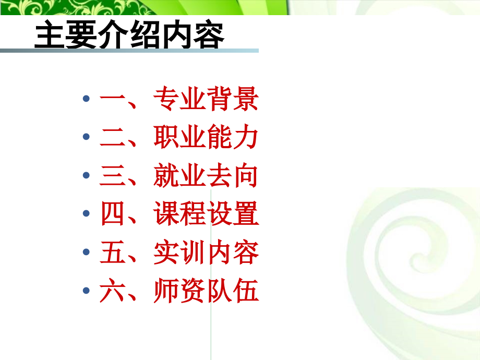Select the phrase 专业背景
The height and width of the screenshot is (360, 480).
pos(206,100)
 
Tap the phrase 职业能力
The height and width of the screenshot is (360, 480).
pos(206,138)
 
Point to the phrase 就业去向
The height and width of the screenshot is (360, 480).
pos(206,177)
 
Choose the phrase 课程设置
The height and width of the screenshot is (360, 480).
pos(206,215)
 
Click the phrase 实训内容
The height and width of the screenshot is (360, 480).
pos(206,254)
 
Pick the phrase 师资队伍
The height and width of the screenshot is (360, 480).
pos(206,292)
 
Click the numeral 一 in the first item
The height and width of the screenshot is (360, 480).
pos(112,100)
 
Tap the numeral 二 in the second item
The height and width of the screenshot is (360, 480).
pos(112,139)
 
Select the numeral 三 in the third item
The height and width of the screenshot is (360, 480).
pos(112,177)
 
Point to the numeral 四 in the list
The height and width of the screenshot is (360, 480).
pos(112,215)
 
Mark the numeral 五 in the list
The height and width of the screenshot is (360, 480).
pos(112,254)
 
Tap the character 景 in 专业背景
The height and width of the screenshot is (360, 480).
pos(245,100)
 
